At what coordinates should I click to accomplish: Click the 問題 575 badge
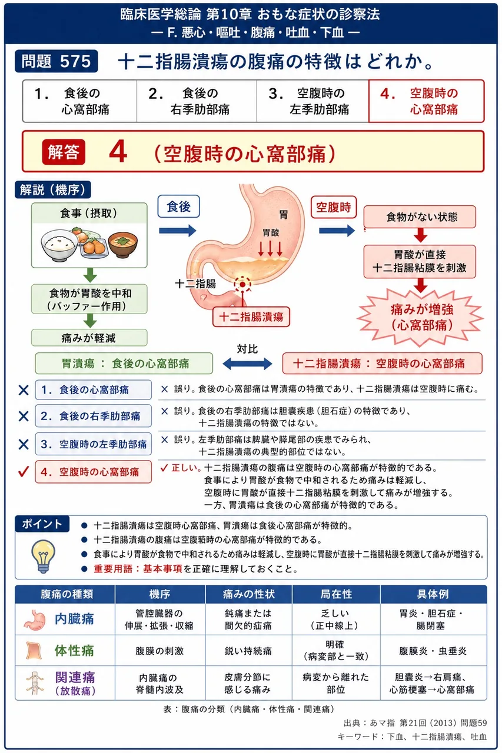56,61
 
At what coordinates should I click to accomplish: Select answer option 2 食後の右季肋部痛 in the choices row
197,101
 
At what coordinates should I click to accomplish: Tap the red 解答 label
64,152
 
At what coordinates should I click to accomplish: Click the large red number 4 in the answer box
118,152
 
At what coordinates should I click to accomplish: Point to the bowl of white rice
58,245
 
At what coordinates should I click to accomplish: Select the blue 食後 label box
178,206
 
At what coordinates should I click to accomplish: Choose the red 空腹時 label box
333,207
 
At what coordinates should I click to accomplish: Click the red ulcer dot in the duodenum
242,284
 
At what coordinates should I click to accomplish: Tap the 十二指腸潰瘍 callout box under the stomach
251,316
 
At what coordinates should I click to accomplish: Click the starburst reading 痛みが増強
421,317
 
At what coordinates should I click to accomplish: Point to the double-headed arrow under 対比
248,364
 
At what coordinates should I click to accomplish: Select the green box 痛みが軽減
89,338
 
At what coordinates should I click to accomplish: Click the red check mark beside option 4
24,472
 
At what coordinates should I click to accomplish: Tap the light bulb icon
43,556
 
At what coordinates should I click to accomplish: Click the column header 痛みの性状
248,594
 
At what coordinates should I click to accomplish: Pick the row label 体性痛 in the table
74,651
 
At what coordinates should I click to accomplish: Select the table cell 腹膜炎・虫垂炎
433,651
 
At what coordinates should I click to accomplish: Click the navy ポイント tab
42,524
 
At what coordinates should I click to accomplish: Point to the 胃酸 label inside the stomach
271,232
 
